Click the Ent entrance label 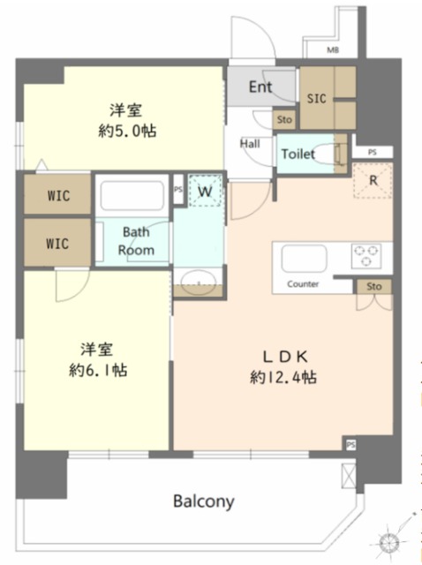(260, 87)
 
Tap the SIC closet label (316, 98)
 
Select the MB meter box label (333, 50)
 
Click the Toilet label (298, 154)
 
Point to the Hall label (250, 144)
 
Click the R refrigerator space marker (373, 180)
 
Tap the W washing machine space (205, 191)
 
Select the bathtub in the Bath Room (132, 195)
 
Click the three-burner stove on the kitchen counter (366, 255)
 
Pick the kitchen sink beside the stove (305, 259)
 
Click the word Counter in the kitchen (303, 284)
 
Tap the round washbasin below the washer (199, 281)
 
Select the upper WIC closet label (58, 196)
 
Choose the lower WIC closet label (57, 244)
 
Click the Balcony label (204, 501)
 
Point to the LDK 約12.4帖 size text (283, 367)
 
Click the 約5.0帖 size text (127, 131)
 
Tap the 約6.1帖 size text (98, 370)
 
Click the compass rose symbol (390, 540)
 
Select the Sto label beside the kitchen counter (373, 286)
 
